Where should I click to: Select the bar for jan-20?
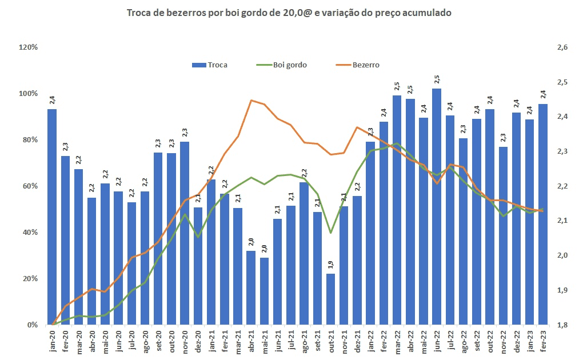click(x=52, y=217)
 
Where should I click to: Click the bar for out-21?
click(x=330, y=299)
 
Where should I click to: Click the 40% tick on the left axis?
click(x=29, y=233)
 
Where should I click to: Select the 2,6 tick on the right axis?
click(x=562, y=47)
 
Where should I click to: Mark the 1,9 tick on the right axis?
click(x=562, y=290)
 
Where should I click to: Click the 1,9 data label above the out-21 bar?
click(x=331, y=265)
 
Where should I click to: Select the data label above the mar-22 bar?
click(x=397, y=86)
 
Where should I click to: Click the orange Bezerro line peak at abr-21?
click(x=251, y=101)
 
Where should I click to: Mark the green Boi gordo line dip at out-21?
click(x=330, y=233)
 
